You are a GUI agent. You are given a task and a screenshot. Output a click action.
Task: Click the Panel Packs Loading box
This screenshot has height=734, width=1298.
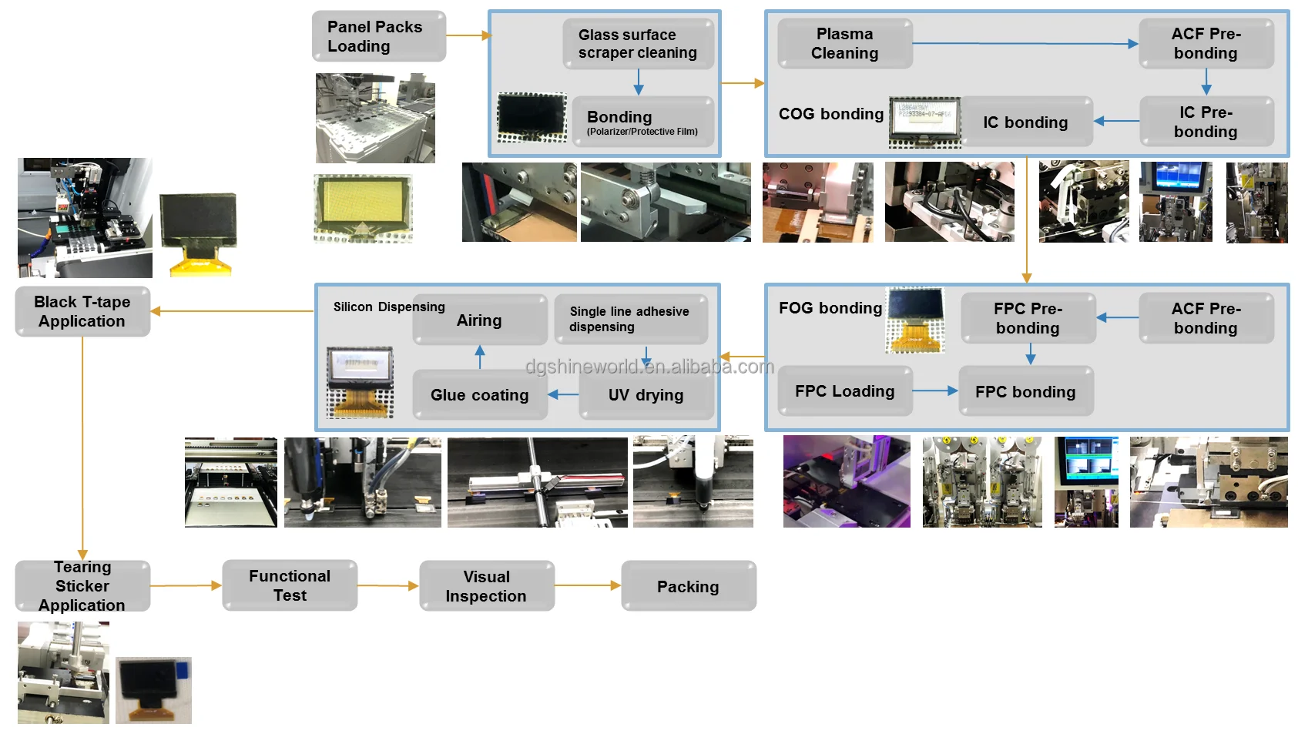click(378, 36)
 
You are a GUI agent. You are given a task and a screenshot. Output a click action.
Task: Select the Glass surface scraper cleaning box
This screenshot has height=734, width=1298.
click(638, 44)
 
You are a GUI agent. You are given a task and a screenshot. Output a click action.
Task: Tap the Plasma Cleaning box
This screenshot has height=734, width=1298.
click(844, 44)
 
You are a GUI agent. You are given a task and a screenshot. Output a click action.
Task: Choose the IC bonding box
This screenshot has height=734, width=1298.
click(1025, 122)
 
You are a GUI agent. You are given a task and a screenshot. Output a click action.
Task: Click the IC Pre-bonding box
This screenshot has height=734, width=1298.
click(1206, 122)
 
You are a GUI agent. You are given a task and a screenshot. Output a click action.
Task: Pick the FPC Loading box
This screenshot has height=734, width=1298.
click(844, 391)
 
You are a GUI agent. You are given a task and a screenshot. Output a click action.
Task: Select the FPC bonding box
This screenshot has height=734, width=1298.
click(1025, 391)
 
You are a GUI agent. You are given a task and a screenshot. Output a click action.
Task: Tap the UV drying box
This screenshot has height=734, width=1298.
click(646, 395)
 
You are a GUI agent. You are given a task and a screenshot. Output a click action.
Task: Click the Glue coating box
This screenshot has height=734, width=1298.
click(479, 395)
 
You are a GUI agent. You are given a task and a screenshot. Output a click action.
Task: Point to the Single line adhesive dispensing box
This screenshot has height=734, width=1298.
click(630, 319)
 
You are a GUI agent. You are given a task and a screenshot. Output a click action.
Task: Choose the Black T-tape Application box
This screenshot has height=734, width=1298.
click(82, 311)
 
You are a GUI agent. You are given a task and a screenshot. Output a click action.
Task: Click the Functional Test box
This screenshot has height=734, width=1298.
click(290, 585)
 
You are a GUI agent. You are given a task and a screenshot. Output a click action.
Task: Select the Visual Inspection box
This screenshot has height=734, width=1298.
click(486, 586)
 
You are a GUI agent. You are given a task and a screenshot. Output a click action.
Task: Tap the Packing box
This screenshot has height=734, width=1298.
click(688, 586)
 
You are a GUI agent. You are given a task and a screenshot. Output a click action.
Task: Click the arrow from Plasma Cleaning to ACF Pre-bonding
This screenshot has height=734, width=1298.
click(1025, 44)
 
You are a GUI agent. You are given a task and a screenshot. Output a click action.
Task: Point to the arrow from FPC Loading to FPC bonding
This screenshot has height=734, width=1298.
click(934, 391)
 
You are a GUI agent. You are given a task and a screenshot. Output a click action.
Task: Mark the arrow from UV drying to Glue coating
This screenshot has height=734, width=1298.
click(563, 395)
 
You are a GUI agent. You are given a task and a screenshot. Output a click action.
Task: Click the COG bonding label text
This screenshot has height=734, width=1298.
click(831, 114)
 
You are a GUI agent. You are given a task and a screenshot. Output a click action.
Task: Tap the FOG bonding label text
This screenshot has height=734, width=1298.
click(830, 308)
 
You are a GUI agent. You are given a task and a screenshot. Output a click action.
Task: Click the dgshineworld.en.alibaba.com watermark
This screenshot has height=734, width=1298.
click(649, 367)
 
